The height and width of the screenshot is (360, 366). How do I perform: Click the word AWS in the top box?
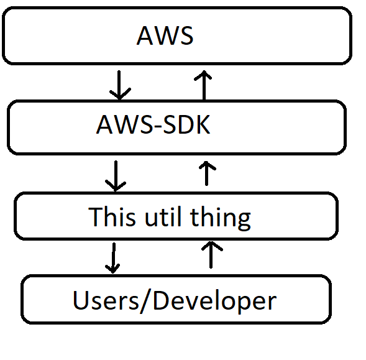tap(165, 35)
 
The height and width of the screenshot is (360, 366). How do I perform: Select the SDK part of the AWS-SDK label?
tap(186, 126)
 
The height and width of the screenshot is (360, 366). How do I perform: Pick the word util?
tap(163, 217)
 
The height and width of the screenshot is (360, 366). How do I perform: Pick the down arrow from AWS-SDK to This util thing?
tap(115, 175)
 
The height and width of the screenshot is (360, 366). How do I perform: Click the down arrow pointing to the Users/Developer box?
tap(112, 257)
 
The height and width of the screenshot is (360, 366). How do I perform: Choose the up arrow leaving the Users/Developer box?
tap(213, 255)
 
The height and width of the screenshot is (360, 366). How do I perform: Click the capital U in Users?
tap(80, 300)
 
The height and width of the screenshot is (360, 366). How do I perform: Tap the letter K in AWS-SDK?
tap(202, 126)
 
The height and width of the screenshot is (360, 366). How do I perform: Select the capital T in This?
tap(95, 217)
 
